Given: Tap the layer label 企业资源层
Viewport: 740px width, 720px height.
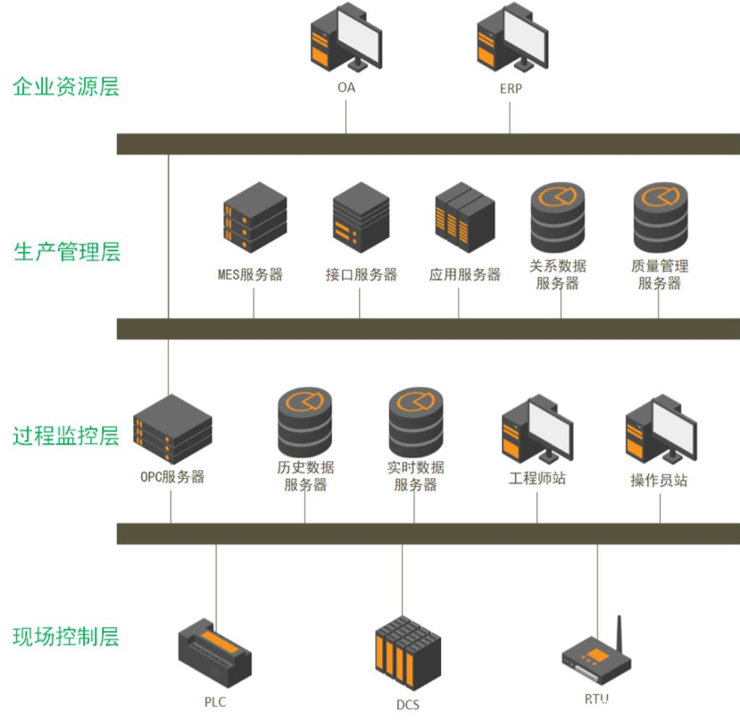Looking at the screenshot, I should point(66,87).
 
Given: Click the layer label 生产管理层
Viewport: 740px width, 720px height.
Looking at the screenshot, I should point(67,252).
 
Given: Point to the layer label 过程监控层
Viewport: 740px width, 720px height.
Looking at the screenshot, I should point(66,436).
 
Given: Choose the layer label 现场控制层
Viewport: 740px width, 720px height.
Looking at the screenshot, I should point(66,637).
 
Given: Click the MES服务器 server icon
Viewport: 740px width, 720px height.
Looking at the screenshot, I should point(254,217).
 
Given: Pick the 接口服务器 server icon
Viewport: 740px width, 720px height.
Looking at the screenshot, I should point(361,217).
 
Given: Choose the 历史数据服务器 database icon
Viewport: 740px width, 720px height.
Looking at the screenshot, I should point(304,422).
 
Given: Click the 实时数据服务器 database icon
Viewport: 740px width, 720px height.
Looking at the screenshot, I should point(415,422).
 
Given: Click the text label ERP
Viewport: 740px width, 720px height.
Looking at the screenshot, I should point(511,89).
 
